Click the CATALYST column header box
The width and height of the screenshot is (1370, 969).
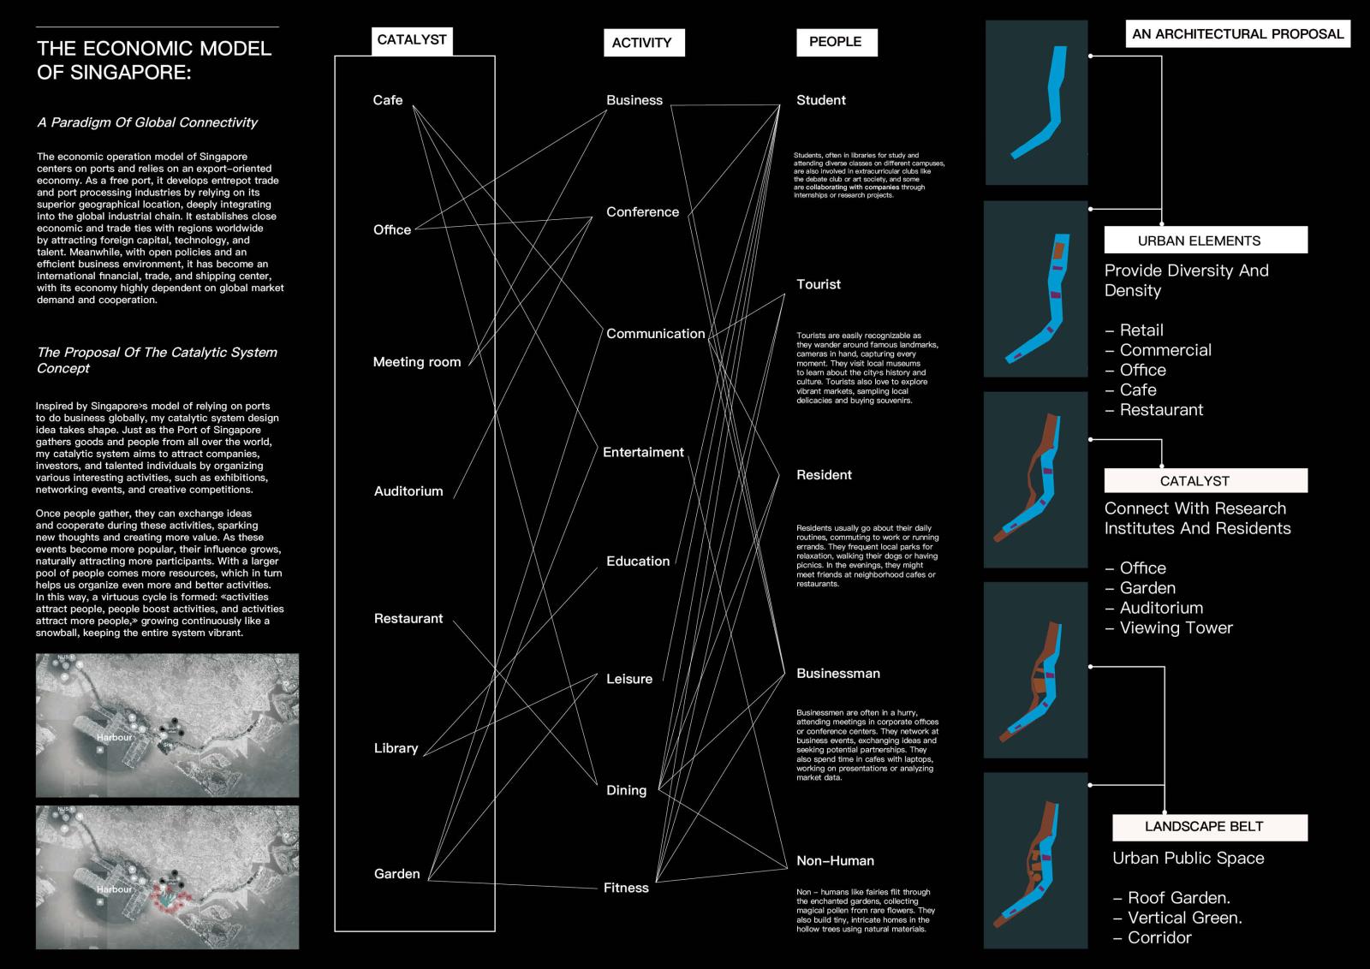pyautogui.click(x=412, y=40)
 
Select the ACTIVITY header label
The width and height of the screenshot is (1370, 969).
pyautogui.click(x=642, y=42)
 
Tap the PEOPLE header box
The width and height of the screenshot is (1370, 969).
pyautogui.click(x=836, y=41)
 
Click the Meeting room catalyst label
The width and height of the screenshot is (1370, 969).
pyautogui.click(x=417, y=362)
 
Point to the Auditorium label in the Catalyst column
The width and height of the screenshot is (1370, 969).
pyautogui.click(x=408, y=491)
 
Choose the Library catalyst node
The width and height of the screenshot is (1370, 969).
pyautogui.click(x=396, y=748)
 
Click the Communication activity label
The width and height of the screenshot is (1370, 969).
pyautogui.click(x=656, y=334)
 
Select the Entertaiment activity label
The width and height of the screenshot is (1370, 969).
pyautogui.click(x=643, y=452)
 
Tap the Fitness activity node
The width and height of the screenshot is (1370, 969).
pyautogui.click(x=626, y=888)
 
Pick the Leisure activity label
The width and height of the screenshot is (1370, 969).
pyautogui.click(x=629, y=679)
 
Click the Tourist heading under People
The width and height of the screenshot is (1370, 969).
pyautogui.click(x=819, y=284)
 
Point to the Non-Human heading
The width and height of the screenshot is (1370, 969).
pyautogui.click(x=835, y=861)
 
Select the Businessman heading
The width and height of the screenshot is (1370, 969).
pyautogui.click(x=838, y=674)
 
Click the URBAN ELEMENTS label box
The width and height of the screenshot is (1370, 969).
pyautogui.click(x=1206, y=241)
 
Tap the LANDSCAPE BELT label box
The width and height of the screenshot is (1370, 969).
pyautogui.click(x=1210, y=827)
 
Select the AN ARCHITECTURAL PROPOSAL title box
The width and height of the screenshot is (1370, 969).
pyautogui.click(x=1237, y=34)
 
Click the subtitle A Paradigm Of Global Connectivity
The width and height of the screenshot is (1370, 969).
pyautogui.click(x=147, y=122)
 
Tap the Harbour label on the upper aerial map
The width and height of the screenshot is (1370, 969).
pyautogui.click(x=114, y=737)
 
